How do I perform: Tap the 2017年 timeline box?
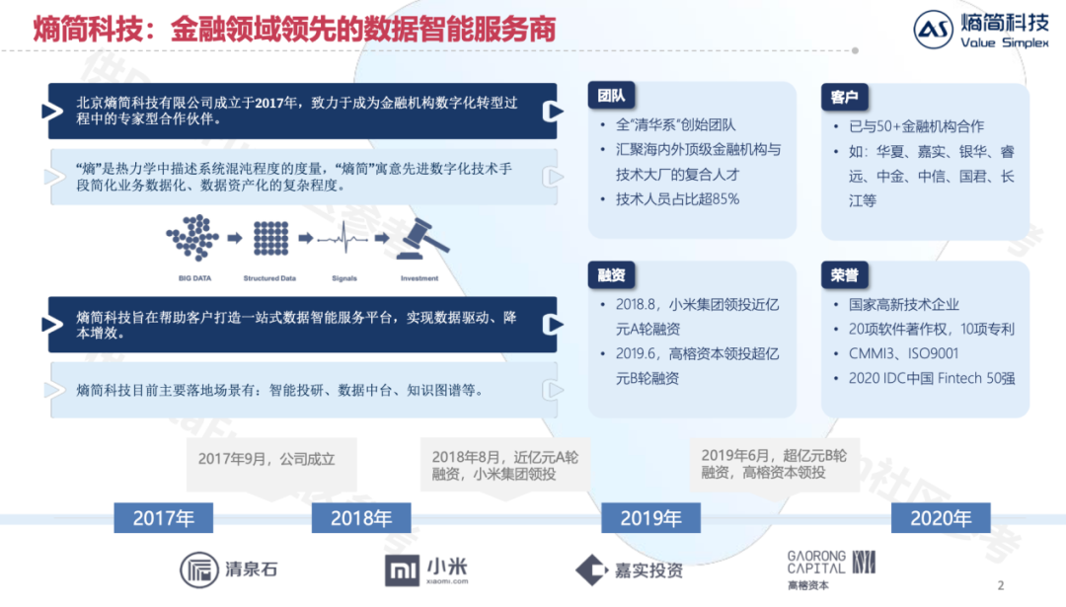(x=164, y=517)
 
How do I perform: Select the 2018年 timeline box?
(x=361, y=517)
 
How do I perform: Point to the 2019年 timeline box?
(x=650, y=517)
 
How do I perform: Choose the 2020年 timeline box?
(x=941, y=517)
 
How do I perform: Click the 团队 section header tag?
(x=610, y=96)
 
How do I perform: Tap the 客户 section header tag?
(x=843, y=97)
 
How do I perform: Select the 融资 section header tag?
(x=610, y=274)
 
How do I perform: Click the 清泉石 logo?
(x=229, y=569)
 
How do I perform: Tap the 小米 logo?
(x=426, y=569)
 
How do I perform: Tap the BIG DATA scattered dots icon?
(x=191, y=238)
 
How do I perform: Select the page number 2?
(x=1001, y=585)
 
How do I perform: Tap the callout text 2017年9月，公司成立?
(x=266, y=459)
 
